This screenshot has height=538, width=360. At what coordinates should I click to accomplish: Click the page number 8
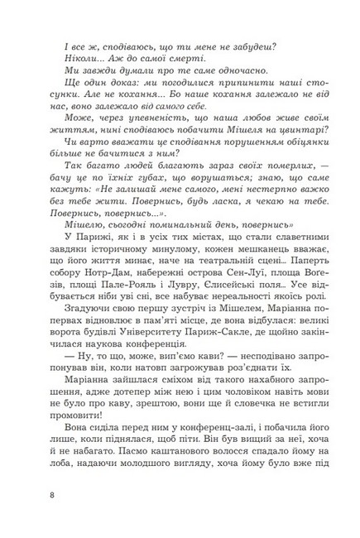point(53,496)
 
